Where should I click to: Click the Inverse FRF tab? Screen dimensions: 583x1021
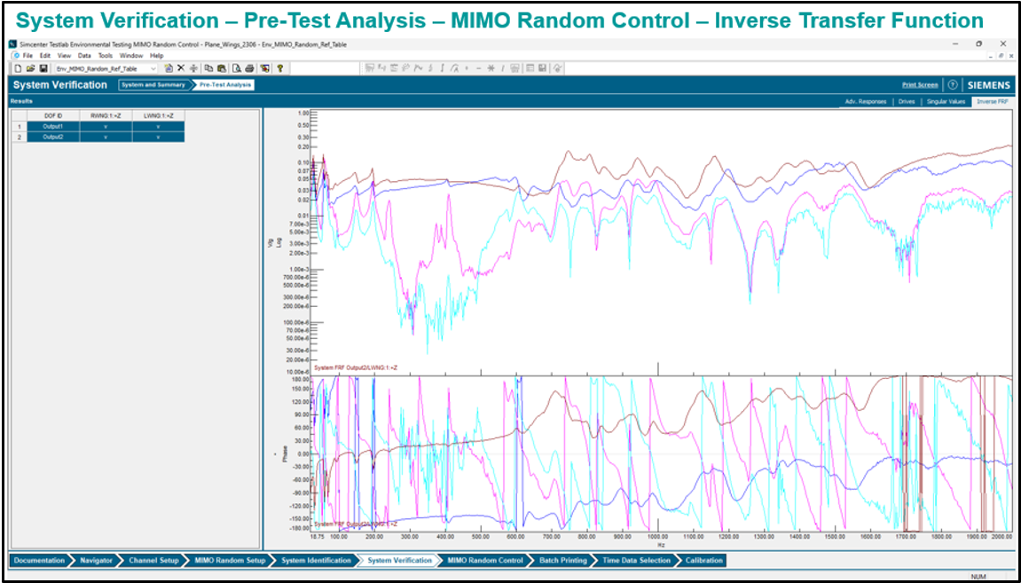point(991,102)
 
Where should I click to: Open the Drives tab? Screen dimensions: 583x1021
point(906,102)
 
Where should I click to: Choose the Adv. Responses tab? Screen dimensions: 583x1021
point(865,102)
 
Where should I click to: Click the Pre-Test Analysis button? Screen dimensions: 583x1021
point(225,85)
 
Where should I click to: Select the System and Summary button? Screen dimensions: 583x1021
point(153,85)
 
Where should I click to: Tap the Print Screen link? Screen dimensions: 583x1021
point(920,85)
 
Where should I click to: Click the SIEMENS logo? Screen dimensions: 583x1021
point(988,85)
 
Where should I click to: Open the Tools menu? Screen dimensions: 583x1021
point(106,55)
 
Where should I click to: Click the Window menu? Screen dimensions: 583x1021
point(131,55)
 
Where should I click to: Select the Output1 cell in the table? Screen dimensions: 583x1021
point(52,126)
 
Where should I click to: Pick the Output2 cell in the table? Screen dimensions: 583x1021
point(52,137)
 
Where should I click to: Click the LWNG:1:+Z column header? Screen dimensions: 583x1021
point(158,115)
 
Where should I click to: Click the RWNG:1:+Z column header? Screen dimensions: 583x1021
point(105,115)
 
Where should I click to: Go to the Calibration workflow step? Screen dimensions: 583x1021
point(704,560)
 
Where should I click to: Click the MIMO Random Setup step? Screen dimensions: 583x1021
point(231,560)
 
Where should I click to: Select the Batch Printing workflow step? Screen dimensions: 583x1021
point(562,560)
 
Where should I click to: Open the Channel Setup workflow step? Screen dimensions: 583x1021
point(153,560)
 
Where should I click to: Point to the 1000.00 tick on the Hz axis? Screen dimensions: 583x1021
point(657,537)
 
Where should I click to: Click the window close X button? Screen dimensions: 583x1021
point(1002,43)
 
